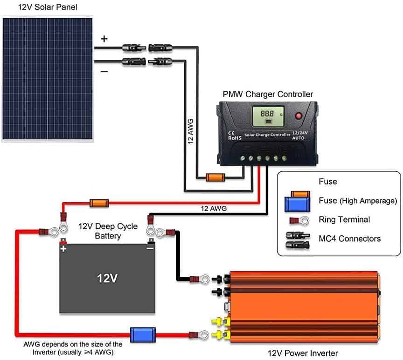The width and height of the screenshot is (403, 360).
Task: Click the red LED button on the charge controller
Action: pyautogui.click(x=299, y=115)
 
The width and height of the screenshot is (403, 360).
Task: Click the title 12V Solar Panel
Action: pyautogui.click(x=41, y=7)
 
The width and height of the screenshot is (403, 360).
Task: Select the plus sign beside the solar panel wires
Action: pyautogui.click(x=104, y=39)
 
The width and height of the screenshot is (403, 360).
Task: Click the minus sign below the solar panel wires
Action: pyautogui.click(x=104, y=71)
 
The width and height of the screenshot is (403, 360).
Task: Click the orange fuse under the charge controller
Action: pyautogui.click(x=215, y=177)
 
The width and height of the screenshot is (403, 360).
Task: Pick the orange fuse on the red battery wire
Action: pyautogui.click(x=99, y=203)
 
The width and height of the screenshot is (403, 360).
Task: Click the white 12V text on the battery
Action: pyautogui.click(x=107, y=279)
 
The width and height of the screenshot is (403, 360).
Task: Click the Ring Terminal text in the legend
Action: pyautogui.click(x=344, y=219)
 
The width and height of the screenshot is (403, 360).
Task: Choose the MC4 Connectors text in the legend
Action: pyautogui.click(x=350, y=239)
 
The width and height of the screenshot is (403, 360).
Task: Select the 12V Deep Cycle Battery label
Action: pyautogui.click(x=108, y=231)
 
